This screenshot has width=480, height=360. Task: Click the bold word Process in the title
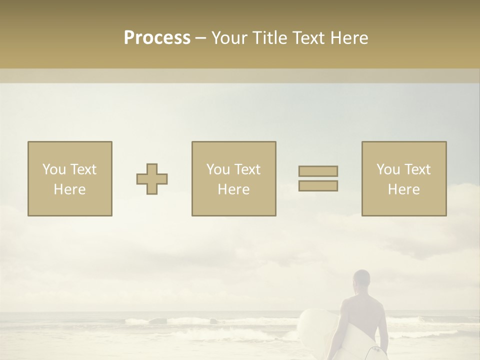(157, 38)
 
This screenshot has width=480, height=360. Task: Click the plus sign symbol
(152, 179)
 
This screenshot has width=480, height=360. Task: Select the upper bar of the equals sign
(318, 171)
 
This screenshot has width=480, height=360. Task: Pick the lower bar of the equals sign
(318, 185)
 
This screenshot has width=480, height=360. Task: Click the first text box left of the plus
(70, 178)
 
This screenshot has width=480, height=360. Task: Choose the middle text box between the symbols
(233, 178)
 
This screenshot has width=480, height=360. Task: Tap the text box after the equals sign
(403, 178)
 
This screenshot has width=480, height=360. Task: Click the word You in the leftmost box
(54, 169)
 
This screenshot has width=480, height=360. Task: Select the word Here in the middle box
(233, 189)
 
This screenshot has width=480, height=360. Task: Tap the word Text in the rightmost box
(416, 169)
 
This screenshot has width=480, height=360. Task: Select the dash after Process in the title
(201, 38)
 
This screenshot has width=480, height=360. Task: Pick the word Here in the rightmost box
(403, 189)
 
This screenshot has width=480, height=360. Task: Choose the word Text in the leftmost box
(82, 169)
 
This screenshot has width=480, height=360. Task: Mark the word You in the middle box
(218, 169)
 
